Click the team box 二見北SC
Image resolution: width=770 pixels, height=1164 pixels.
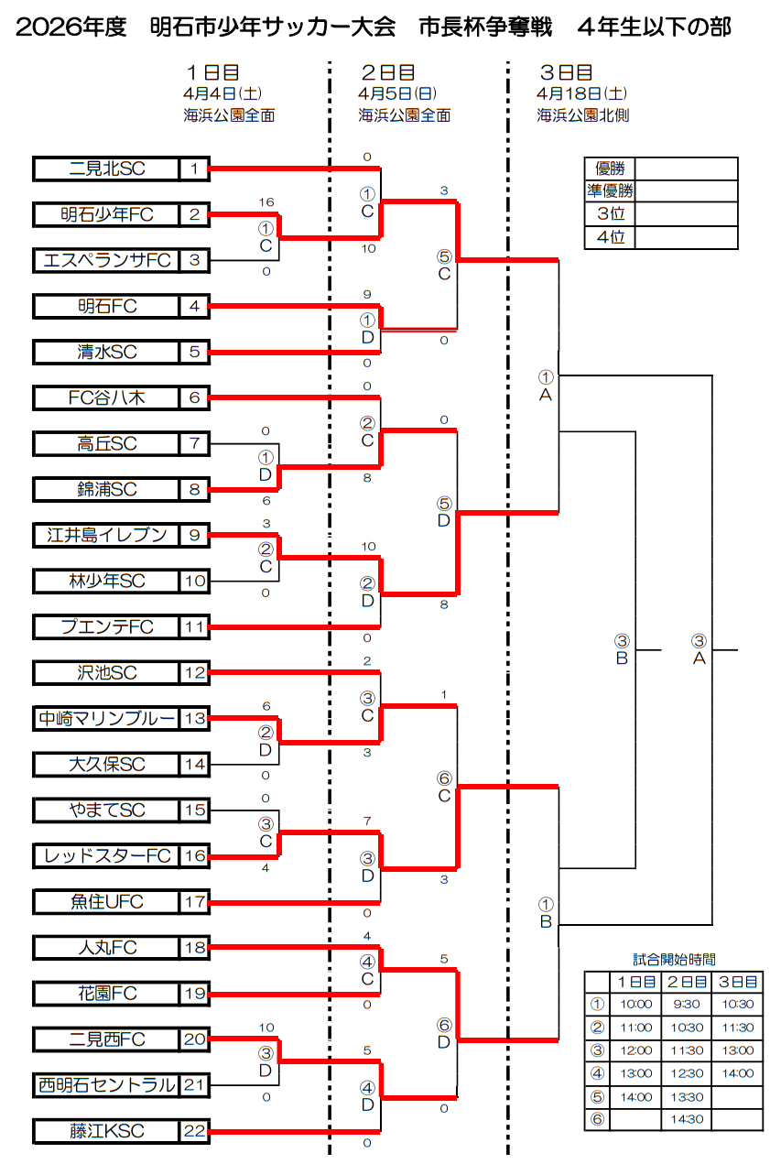107,169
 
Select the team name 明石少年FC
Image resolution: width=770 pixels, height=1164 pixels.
107,214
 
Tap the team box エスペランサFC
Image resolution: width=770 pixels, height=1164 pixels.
107,260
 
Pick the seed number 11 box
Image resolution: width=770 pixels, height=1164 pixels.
194,627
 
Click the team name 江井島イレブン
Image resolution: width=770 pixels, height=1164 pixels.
107,535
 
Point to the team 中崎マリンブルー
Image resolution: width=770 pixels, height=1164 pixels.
107,719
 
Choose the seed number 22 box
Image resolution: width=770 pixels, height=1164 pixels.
194,1131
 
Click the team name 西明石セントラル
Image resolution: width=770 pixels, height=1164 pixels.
107,1085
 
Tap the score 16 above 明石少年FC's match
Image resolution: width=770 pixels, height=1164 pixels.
266,201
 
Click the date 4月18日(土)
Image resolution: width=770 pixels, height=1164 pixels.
582,93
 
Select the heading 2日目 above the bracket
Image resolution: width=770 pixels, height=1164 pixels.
387,71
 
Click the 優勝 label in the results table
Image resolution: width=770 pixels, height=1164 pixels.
610,169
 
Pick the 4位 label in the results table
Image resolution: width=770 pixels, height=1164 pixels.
610,237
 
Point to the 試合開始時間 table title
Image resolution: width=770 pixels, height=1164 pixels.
674,960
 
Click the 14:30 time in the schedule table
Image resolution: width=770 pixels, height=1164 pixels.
686,1119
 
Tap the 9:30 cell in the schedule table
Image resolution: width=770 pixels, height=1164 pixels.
686,1005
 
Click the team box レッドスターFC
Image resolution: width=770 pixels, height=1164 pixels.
107,856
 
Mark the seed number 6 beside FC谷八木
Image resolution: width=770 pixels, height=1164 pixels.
194,397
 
